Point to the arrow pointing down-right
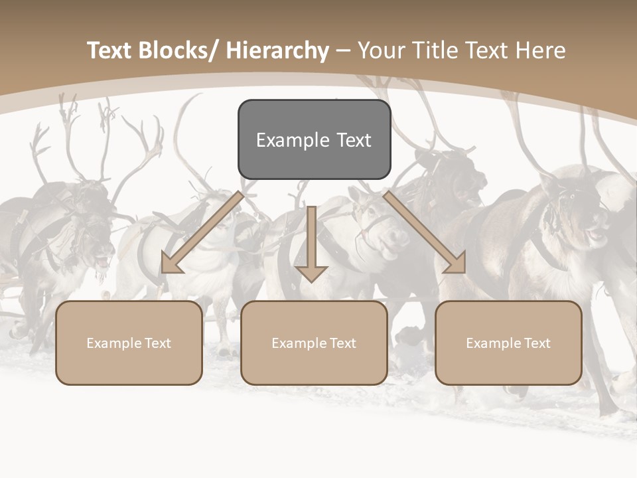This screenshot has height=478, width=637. (425, 232)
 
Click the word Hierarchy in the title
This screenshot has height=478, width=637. (277, 50)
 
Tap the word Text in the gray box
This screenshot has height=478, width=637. (352, 140)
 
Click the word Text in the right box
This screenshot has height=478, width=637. (537, 343)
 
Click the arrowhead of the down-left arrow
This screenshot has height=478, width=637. (172, 264)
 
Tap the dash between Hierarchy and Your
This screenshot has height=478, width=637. (343, 51)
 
